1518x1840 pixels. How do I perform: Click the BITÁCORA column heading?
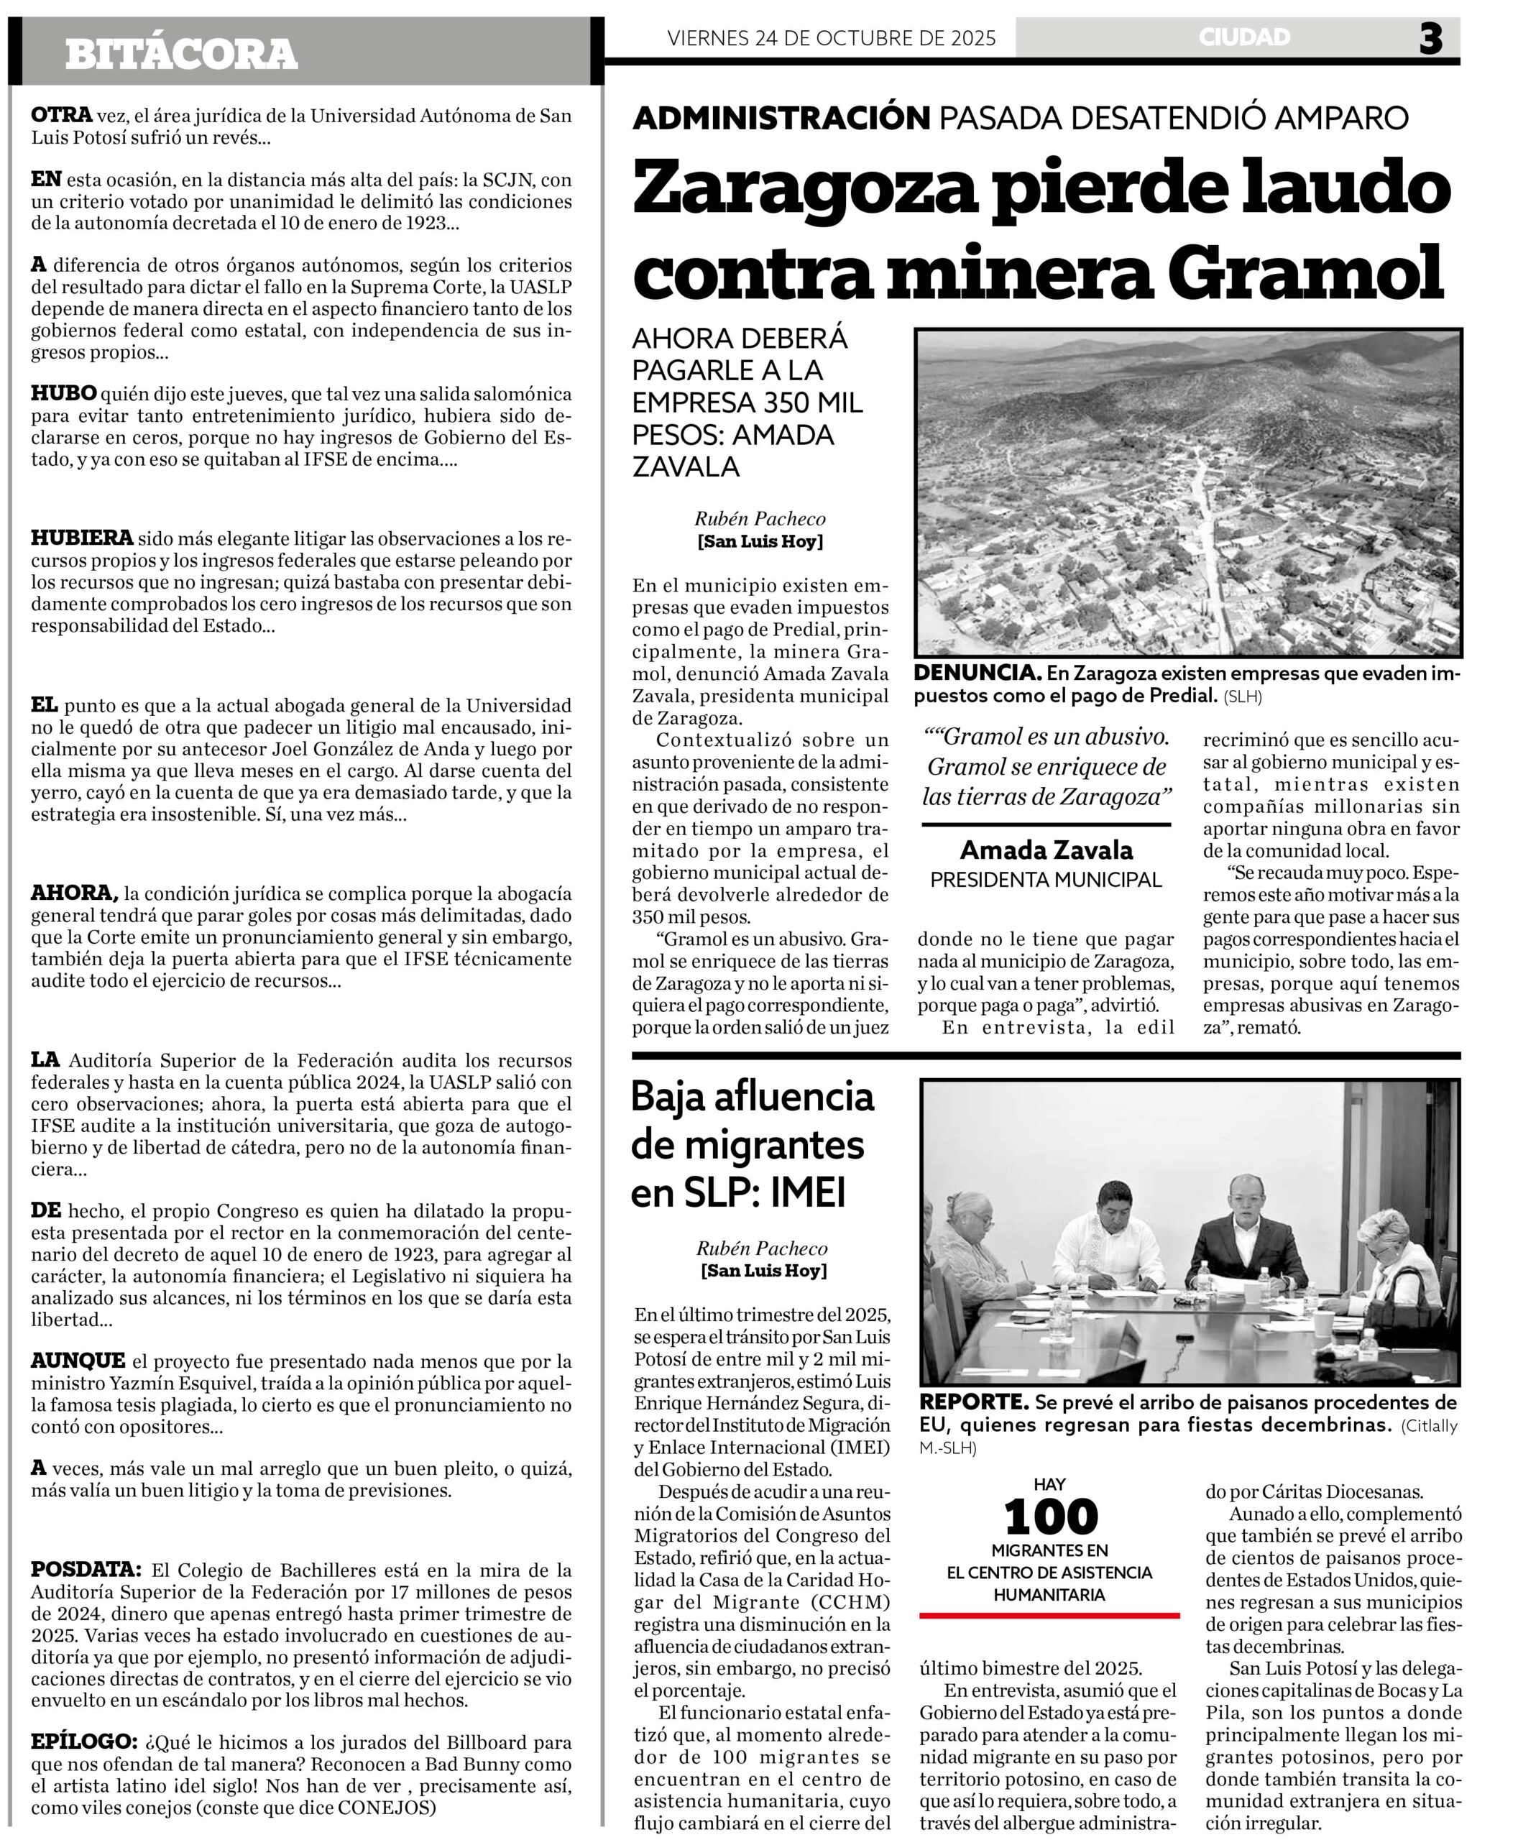[x=181, y=54]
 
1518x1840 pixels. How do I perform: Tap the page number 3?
[x=1430, y=40]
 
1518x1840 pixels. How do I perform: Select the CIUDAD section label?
[x=1244, y=37]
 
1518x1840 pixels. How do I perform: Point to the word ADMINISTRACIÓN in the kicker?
[x=781, y=117]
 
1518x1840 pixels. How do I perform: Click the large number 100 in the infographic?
[x=1050, y=1517]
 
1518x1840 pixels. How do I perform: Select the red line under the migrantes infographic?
[x=1049, y=1615]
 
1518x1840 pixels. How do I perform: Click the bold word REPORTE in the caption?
[x=974, y=1402]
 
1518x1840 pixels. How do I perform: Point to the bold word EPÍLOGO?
[x=84, y=1740]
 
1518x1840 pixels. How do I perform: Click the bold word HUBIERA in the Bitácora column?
[x=82, y=537]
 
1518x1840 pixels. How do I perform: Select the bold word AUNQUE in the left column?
[x=78, y=1361]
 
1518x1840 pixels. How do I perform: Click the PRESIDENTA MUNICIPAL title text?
[x=1046, y=880]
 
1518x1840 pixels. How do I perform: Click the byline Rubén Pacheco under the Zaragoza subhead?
[x=760, y=519]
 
